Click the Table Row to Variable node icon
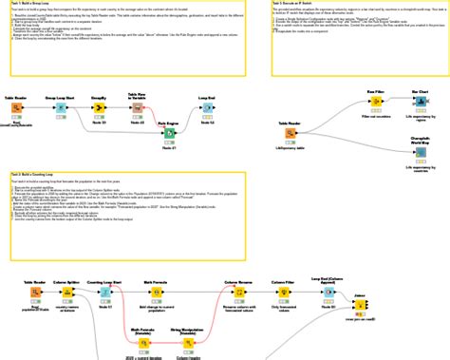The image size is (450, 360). tap(137, 107)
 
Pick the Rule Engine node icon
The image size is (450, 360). tap(168, 134)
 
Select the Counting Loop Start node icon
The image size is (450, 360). tap(106, 293)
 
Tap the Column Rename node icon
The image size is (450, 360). tap(236, 293)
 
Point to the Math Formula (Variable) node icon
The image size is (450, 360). tap(143, 345)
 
